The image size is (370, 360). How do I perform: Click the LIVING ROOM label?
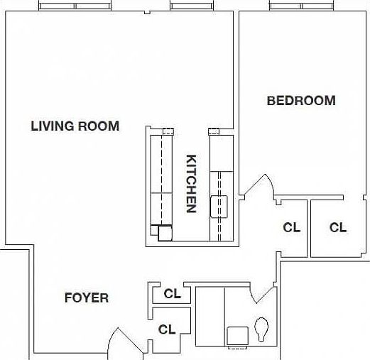click(x=75, y=126)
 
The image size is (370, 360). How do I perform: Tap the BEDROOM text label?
click(x=300, y=101)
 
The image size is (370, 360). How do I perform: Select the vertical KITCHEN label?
click(x=191, y=183)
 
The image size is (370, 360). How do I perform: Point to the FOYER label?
click(x=87, y=298)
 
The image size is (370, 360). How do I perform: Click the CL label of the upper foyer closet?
click(x=172, y=293)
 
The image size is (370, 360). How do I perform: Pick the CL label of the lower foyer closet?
click(x=167, y=329)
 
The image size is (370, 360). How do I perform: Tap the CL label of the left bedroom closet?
click(x=291, y=228)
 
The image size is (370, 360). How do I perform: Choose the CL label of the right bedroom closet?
click(x=338, y=228)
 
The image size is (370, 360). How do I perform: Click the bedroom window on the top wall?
click(x=300, y=6)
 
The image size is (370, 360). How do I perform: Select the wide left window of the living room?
click(x=75, y=6)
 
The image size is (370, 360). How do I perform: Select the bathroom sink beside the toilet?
click(x=236, y=335)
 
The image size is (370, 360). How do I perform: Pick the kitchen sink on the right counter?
click(x=219, y=207)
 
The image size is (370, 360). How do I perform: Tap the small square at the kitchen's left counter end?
click(x=165, y=233)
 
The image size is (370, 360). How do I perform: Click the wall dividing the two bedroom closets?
click(x=308, y=227)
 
